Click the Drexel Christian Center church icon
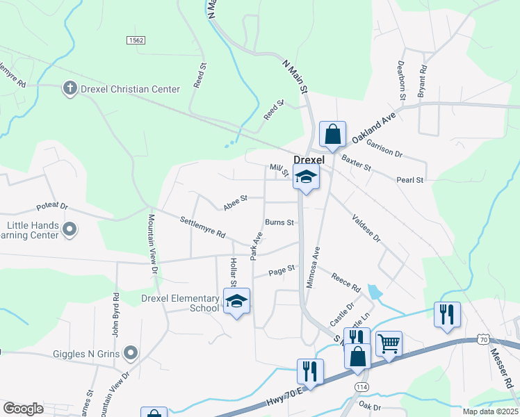pos(70,89)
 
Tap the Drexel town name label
pos(309,160)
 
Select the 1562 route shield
pos(136,41)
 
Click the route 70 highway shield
pos(484,338)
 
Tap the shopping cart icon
pos(389,343)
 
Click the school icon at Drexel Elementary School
pos(236,302)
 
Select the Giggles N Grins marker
pos(131,354)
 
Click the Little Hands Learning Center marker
pos(70,229)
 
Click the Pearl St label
pos(410,181)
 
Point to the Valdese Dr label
pos(366,227)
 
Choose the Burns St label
pos(280,223)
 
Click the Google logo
pos(24,409)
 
